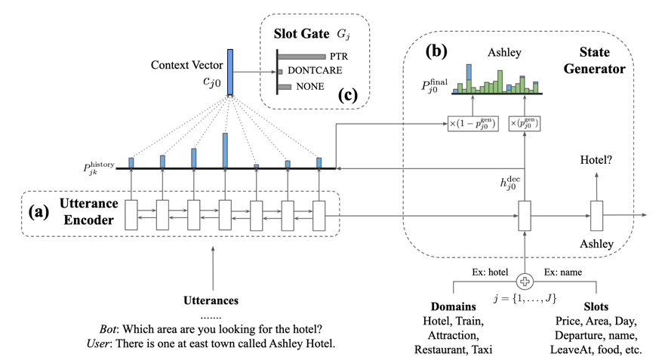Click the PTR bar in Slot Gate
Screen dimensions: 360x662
pyautogui.click(x=303, y=57)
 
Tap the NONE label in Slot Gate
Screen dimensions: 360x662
pyautogui.click(x=310, y=87)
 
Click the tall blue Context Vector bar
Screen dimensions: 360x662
pyautogui.click(x=230, y=72)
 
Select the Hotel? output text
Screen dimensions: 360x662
pyautogui.click(x=596, y=160)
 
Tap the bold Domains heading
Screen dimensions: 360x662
pyautogui.click(x=452, y=307)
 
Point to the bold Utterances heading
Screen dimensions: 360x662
pyautogui.click(x=213, y=300)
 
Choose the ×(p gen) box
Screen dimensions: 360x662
pyautogui.click(x=526, y=123)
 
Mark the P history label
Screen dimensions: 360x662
pyautogui.click(x=98, y=168)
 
